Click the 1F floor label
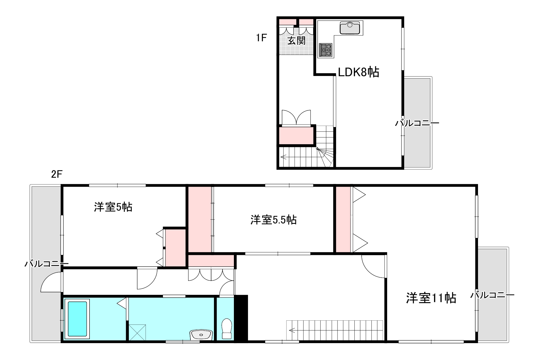pos(261,38)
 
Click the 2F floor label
pos(57,174)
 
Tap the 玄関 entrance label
pos(296,41)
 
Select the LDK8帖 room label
pos(358,72)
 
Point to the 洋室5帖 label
pos(113,207)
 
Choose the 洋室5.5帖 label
pos(274,220)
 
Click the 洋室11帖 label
pos(431,298)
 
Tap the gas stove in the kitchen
pos(326,50)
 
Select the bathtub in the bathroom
pos(77,319)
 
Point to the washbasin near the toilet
pos(201,334)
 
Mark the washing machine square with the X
pos(137,332)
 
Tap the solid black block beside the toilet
pos(241,318)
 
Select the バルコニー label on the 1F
pos(417,123)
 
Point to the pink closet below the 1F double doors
pos(296,136)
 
